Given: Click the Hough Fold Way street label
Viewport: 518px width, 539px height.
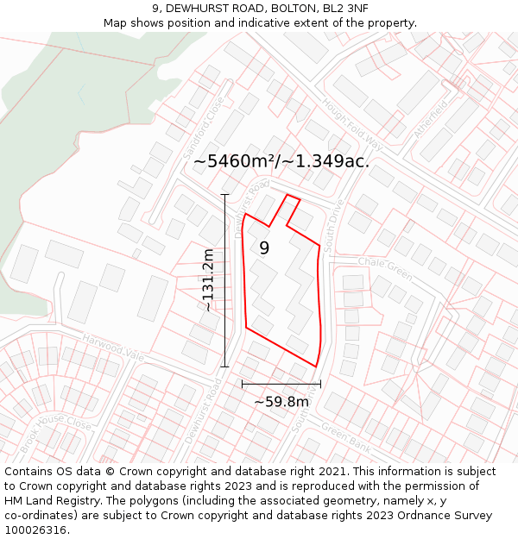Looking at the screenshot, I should tap(351, 124).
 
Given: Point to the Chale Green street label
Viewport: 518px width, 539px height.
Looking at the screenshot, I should tap(385, 267).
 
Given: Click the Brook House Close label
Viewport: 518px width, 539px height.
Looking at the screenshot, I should tap(56, 435).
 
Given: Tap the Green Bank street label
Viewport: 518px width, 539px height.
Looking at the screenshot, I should tap(345, 436).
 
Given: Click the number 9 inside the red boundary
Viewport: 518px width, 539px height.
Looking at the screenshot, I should tap(264, 248).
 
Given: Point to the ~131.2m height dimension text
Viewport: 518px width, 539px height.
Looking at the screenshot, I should tap(208, 280).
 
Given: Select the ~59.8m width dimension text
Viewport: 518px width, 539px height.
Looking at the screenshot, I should tap(281, 401).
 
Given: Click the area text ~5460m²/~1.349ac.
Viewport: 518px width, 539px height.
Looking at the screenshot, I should tap(281, 161).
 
